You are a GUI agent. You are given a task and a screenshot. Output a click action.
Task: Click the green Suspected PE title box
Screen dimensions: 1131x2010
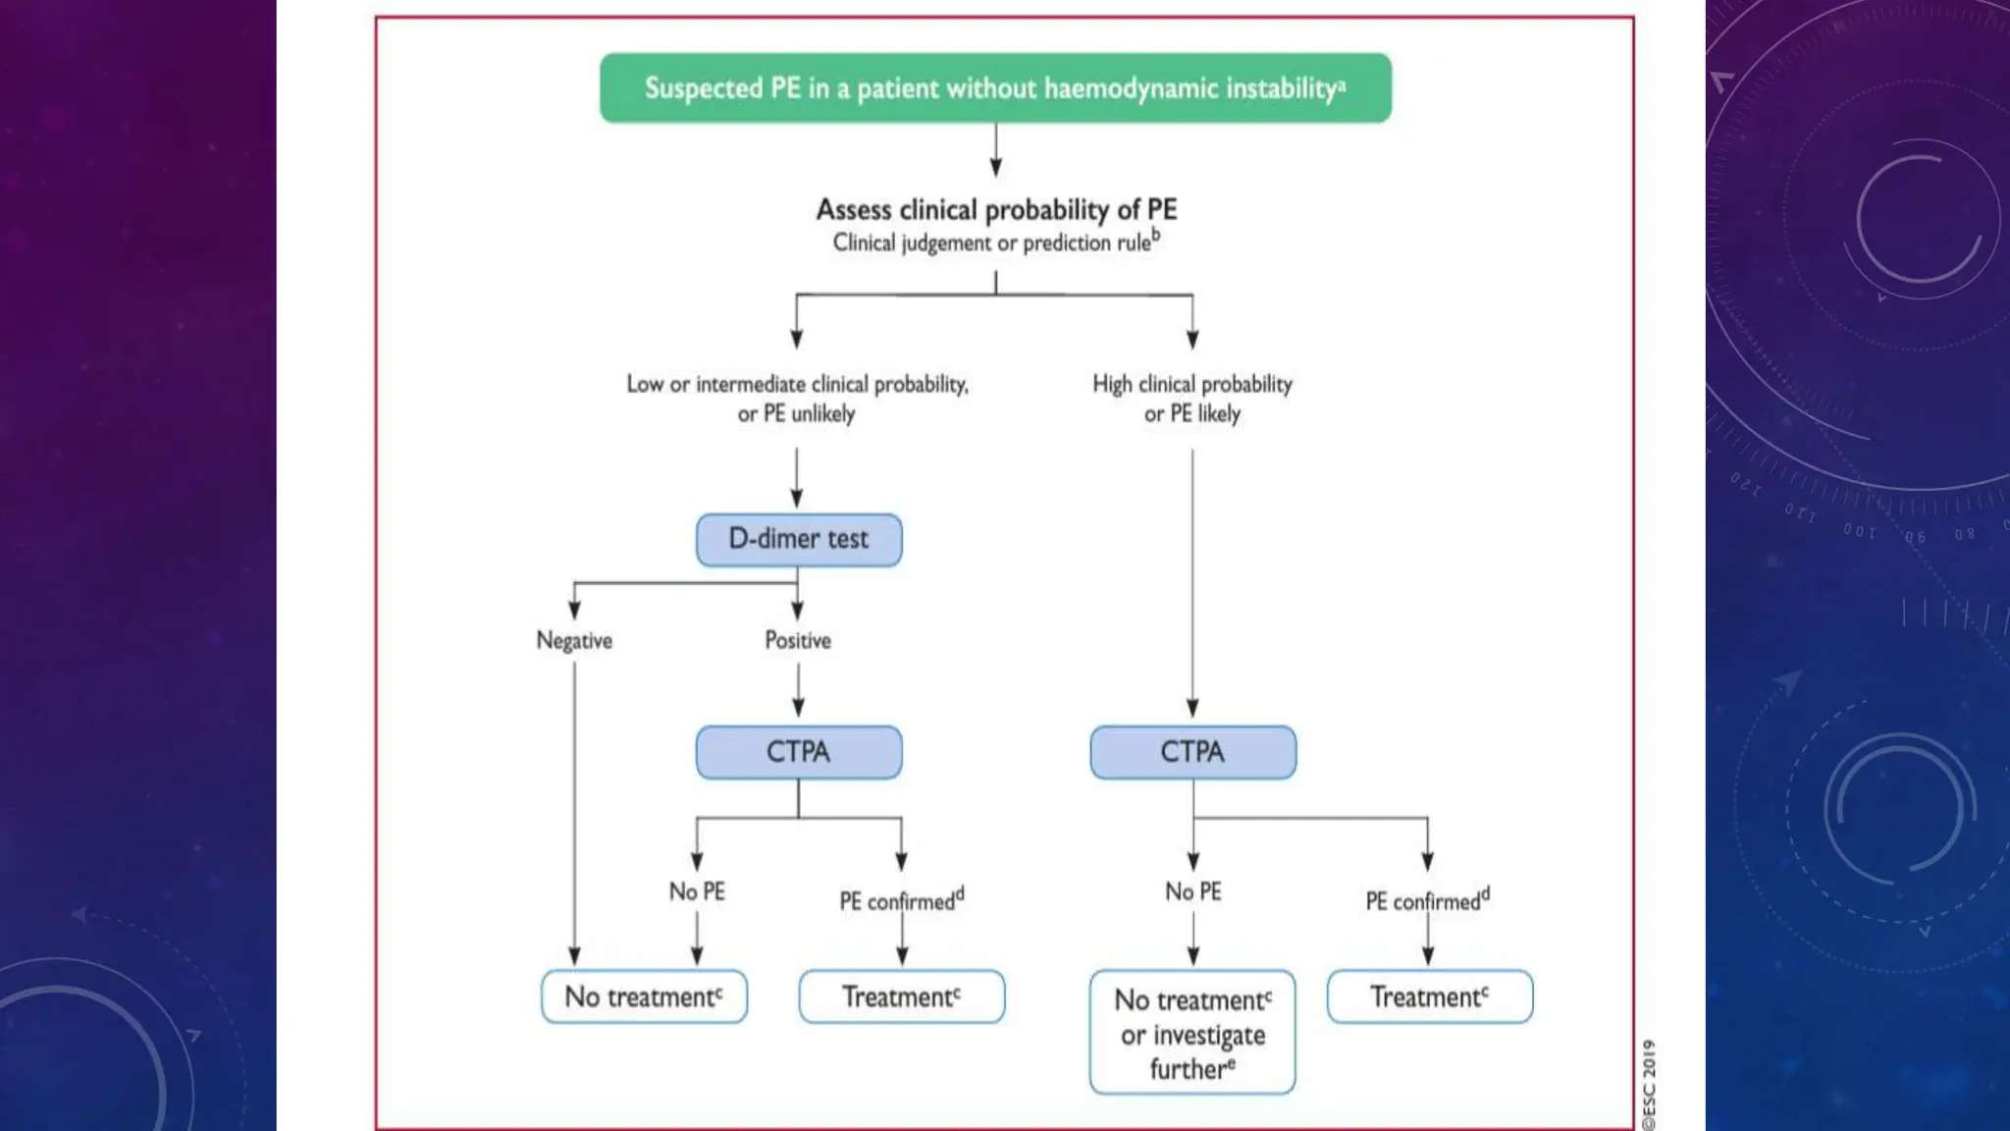[x=995, y=88]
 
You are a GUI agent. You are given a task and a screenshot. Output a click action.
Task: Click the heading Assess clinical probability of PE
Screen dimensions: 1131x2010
[x=996, y=209]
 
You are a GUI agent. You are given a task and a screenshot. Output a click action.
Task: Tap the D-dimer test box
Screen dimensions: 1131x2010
[x=799, y=540]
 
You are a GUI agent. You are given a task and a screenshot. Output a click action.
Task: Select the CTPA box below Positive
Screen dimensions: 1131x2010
[x=799, y=752]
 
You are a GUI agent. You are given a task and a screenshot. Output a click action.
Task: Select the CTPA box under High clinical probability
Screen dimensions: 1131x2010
[x=1192, y=752]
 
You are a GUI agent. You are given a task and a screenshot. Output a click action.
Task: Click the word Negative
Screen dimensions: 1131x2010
[x=574, y=641]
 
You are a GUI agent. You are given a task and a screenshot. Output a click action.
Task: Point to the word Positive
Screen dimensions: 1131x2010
[x=798, y=641]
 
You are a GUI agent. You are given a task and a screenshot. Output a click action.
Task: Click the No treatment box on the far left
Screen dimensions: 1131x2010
[x=644, y=996]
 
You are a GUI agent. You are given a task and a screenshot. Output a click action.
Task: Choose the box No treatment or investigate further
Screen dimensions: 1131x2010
[x=1192, y=1033]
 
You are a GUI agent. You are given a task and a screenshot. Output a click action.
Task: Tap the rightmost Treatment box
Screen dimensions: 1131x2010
[x=1429, y=996]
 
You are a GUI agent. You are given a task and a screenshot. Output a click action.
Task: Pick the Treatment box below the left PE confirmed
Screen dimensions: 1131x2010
[x=901, y=996]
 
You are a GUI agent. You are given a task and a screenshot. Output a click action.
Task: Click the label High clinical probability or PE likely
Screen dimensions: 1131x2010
[x=1192, y=398]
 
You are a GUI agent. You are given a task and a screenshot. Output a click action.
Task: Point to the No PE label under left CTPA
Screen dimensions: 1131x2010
[x=697, y=891]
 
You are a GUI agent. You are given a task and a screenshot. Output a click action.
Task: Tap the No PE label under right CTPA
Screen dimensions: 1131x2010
[x=1192, y=891]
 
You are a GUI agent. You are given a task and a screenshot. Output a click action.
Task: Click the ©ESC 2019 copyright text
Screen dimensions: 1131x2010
[x=1649, y=1084]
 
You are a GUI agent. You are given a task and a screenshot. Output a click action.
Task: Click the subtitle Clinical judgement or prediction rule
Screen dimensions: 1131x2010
[x=995, y=242]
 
